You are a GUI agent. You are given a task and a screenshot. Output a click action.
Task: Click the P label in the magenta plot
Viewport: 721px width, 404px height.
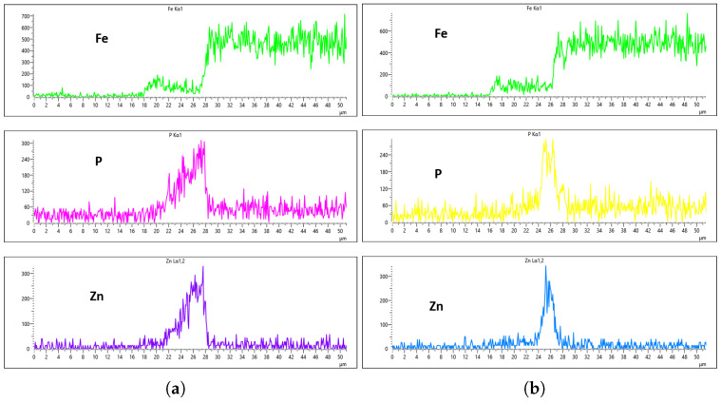98,162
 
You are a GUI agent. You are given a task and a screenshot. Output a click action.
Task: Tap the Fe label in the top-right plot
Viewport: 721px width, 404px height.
441,34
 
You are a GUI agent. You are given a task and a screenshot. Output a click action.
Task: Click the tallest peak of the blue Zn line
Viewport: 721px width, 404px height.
545,266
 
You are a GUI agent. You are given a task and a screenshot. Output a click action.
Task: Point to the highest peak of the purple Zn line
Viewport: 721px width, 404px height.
203,267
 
